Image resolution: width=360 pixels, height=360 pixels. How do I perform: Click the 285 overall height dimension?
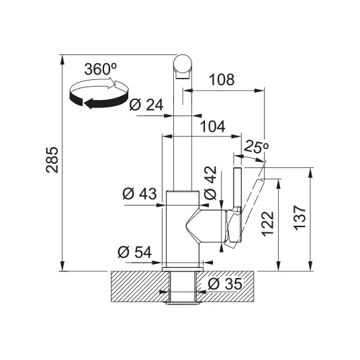pos(52,160)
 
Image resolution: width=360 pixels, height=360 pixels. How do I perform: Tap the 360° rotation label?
pos(101,69)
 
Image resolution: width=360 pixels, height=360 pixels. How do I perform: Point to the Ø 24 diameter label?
pos(146,105)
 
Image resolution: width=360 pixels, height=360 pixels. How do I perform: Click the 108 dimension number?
pos(222,80)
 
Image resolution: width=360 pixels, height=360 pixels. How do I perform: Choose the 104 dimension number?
pos(213,127)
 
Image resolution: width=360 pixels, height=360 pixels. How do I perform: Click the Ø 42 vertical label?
pos(210,183)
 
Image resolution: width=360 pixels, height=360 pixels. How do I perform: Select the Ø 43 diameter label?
pos(140,193)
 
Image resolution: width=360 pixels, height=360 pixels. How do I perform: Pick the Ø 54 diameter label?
pos(135,252)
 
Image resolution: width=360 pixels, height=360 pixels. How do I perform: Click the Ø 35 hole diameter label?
pos(225,284)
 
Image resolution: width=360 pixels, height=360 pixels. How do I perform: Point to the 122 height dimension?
pos(268,224)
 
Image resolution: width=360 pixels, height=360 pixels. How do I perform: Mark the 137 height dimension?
pos(300,218)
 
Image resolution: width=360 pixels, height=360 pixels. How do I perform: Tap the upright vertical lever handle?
pos(237,188)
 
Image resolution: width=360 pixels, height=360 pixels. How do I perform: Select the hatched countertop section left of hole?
pos(140,286)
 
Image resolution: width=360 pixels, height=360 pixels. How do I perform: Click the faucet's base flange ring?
pos(183,269)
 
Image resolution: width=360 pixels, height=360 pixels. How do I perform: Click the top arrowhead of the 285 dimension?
pos(62,60)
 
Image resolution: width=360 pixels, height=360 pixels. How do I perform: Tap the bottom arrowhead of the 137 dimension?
pos(310,266)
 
